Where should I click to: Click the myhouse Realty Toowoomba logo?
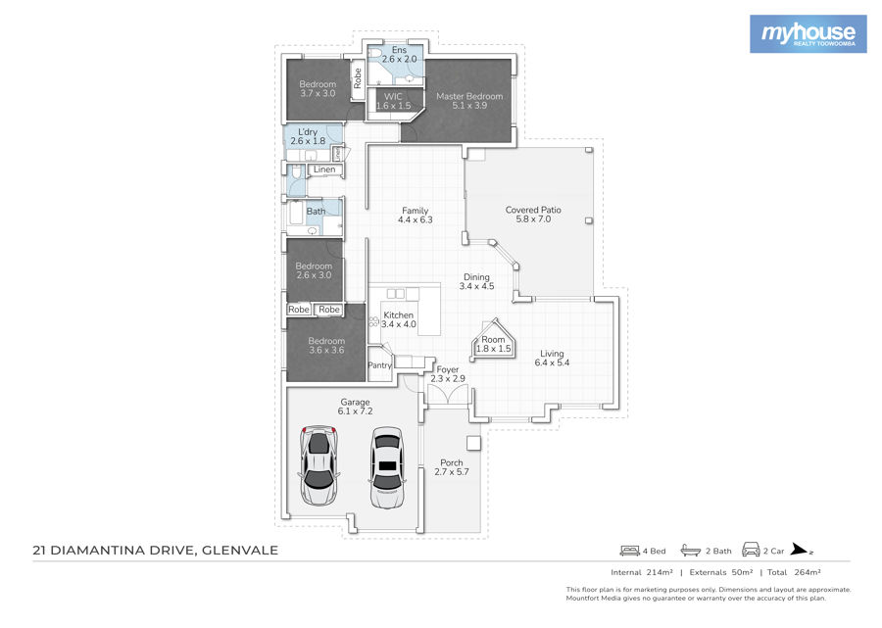click(808, 34)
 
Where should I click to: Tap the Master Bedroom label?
click(469, 101)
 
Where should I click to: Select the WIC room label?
click(393, 101)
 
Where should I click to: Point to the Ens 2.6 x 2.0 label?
click(400, 55)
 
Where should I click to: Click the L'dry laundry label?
click(308, 136)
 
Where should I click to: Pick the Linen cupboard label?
click(324, 169)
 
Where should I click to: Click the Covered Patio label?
click(533, 215)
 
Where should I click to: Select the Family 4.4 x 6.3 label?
click(416, 216)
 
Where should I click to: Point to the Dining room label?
click(476, 282)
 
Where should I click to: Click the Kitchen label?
click(398, 320)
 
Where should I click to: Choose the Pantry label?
click(379, 365)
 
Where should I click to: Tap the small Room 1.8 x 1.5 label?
click(493, 344)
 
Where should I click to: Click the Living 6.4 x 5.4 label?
click(552, 359)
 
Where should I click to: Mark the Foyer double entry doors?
click(448, 395)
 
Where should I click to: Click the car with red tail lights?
click(318, 465)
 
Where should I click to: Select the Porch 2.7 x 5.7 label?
click(451, 467)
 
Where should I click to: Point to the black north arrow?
click(801, 550)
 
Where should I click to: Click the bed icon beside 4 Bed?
click(629, 551)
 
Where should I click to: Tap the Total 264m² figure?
click(794, 572)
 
